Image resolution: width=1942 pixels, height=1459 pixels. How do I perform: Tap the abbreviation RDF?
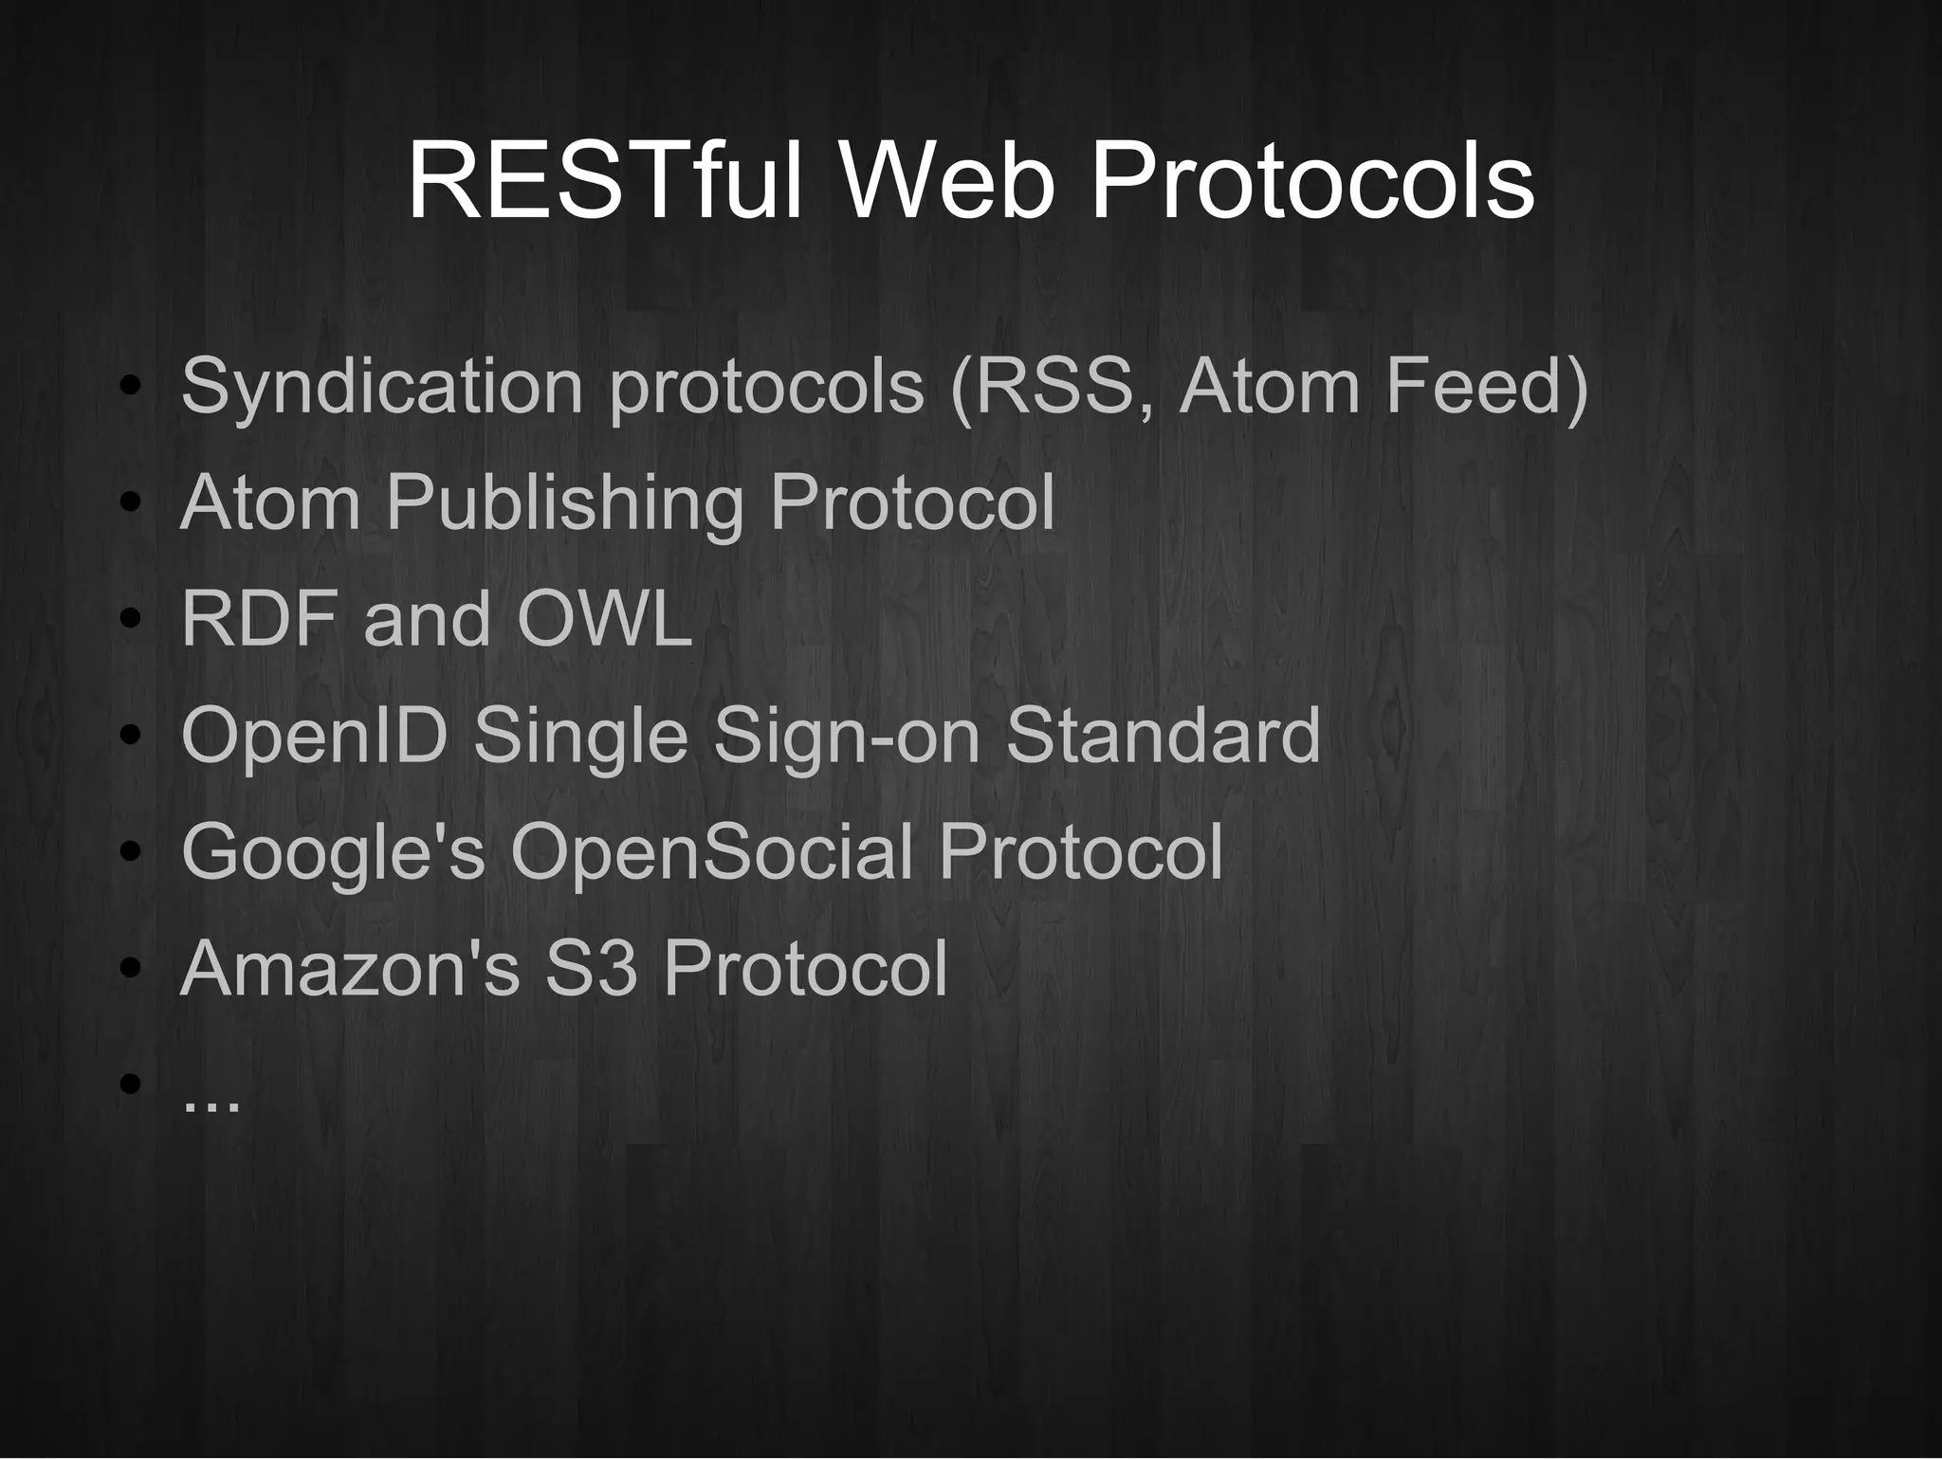pos(258,619)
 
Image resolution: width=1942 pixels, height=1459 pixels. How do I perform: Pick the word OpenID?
pos(314,737)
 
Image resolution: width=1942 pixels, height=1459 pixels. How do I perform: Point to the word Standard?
pos(1163,735)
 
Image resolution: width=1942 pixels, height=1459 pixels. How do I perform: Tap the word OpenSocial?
pos(711,851)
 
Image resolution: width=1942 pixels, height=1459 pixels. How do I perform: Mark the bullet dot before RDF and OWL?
pos(131,619)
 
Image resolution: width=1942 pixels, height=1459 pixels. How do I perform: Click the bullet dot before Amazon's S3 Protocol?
pos(131,968)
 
